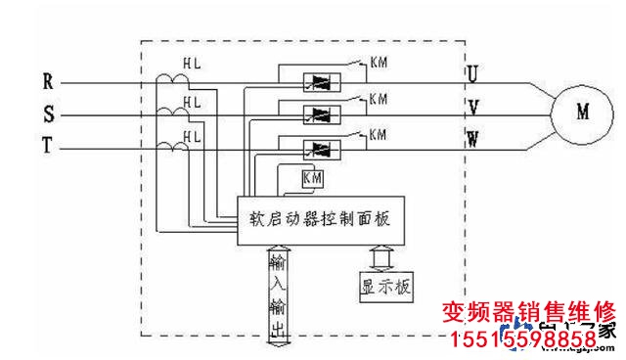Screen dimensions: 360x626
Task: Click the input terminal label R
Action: (x=48, y=79)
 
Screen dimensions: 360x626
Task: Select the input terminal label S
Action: (x=48, y=113)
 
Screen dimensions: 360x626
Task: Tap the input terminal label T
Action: (x=48, y=147)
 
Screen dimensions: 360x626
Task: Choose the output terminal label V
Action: (x=472, y=106)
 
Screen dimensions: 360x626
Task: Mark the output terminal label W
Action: (x=472, y=139)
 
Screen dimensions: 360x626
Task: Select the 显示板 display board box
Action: (x=386, y=287)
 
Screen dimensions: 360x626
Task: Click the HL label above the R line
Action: (x=192, y=63)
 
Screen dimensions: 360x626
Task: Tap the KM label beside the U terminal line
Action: (x=379, y=65)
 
